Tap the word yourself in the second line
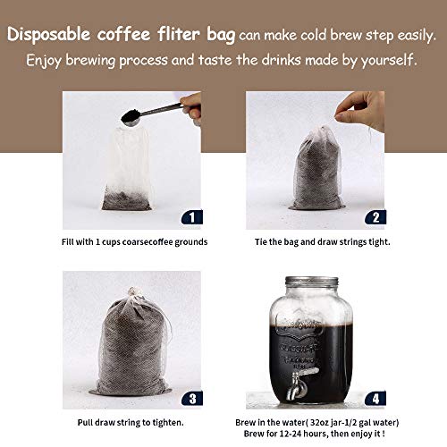[x=385, y=61]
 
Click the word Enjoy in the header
[x=41, y=61]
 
